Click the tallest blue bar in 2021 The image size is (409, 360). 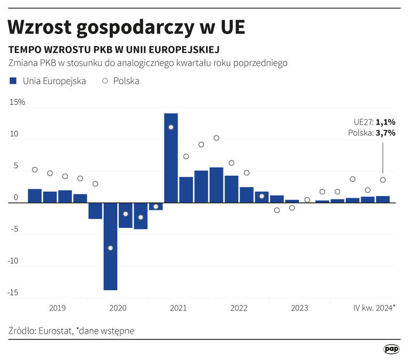pyautogui.click(x=171, y=158)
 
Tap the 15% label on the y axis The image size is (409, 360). pyautogui.click(x=18, y=102)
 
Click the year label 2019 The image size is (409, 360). pyautogui.click(x=58, y=308)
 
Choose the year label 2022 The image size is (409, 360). pyautogui.click(x=239, y=308)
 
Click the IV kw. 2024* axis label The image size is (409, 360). pyautogui.click(x=374, y=308)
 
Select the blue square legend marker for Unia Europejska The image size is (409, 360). pyautogui.click(x=13, y=81)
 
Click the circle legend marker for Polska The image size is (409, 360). pyautogui.click(x=104, y=81)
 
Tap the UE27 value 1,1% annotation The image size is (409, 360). pyautogui.click(x=386, y=122)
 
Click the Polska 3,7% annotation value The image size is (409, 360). pyautogui.click(x=386, y=133)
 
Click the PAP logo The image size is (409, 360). pyautogui.click(x=391, y=349)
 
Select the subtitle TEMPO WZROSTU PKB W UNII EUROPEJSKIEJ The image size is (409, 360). pyautogui.click(x=114, y=50)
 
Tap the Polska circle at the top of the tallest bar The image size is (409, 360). pyautogui.click(x=171, y=127)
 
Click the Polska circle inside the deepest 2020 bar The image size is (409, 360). pyautogui.click(x=110, y=248)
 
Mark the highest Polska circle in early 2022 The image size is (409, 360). pyautogui.click(x=216, y=138)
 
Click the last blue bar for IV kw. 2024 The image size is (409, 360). pyautogui.click(x=383, y=200)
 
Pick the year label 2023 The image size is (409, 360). pyautogui.click(x=299, y=308)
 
